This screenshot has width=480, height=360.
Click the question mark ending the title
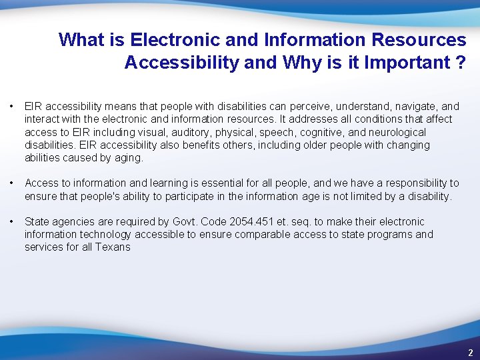point(460,63)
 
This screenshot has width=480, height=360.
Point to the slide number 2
point(470,353)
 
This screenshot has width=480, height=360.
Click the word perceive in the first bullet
point(315,107)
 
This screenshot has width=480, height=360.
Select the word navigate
point(419,107)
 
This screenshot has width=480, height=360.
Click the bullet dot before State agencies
point(11,222)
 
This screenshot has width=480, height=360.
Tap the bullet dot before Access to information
point(11,183)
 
